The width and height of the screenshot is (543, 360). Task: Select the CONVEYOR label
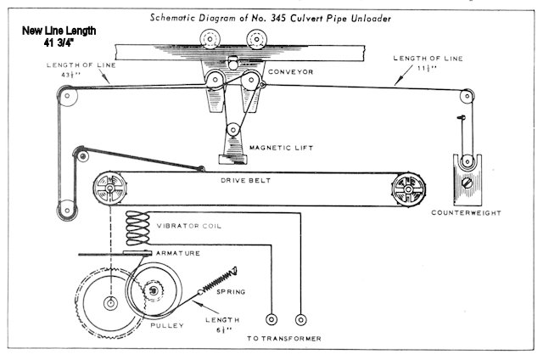(291, 71)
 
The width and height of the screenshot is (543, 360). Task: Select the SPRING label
(231, 291)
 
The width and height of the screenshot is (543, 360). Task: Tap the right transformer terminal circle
(299, 320)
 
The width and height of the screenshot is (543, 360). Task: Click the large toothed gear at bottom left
(108, 302)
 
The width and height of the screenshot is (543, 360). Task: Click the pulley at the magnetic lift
(232, 132)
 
